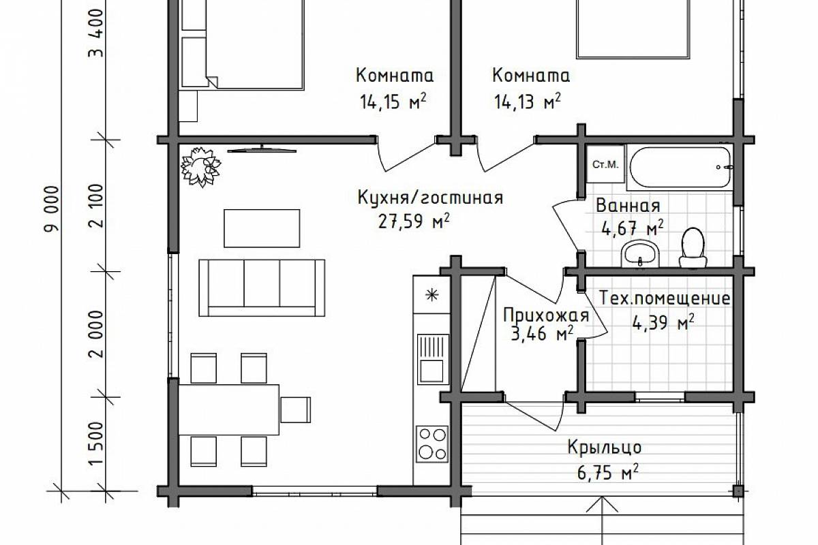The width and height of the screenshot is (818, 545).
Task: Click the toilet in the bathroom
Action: pyautogui.click(x=693, y=247)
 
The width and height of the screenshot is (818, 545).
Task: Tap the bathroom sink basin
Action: pyautogui.click(x=640, y=253)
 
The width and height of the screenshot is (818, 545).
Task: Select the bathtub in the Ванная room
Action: pyautogui.click(x=680, y=168)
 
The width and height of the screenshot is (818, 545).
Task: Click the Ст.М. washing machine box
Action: pyautogui.click(x=605, y=165)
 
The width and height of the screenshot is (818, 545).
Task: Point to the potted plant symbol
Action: pyautogui.click(x=201, y=167)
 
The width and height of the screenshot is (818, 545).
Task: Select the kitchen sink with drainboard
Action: pyautogui.click(x=433, y=359)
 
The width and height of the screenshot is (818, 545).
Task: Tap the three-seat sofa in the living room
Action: pyautogui.click(x=262, y=288)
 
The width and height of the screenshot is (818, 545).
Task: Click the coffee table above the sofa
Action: pyautogui.click(x=262, y=228)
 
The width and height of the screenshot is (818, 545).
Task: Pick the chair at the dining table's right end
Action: pyautogui.click(x=295, y=410)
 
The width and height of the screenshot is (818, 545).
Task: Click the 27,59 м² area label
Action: pyautogui.click(x=414, y=221)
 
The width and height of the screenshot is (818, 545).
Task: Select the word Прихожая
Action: pyautogui.click(x=546, y=315)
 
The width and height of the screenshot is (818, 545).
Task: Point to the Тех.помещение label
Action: pyautogui.click(x=665, y=298)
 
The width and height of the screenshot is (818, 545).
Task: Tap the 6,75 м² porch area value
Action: pyautogui.click(x=607, y=472)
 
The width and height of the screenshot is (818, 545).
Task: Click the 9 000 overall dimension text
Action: pyautogui.click(x=52, y=208)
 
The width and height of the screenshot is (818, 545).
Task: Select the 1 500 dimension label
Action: pyautogui.click(x=96, y=444)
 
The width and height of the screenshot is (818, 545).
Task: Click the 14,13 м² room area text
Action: pyautogui.click(x=528, y=102)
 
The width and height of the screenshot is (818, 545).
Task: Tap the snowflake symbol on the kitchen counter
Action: pyautogui.click(x=432, y=294)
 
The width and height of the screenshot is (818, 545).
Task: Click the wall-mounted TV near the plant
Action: pyautogui.click(x=262, y=149)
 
